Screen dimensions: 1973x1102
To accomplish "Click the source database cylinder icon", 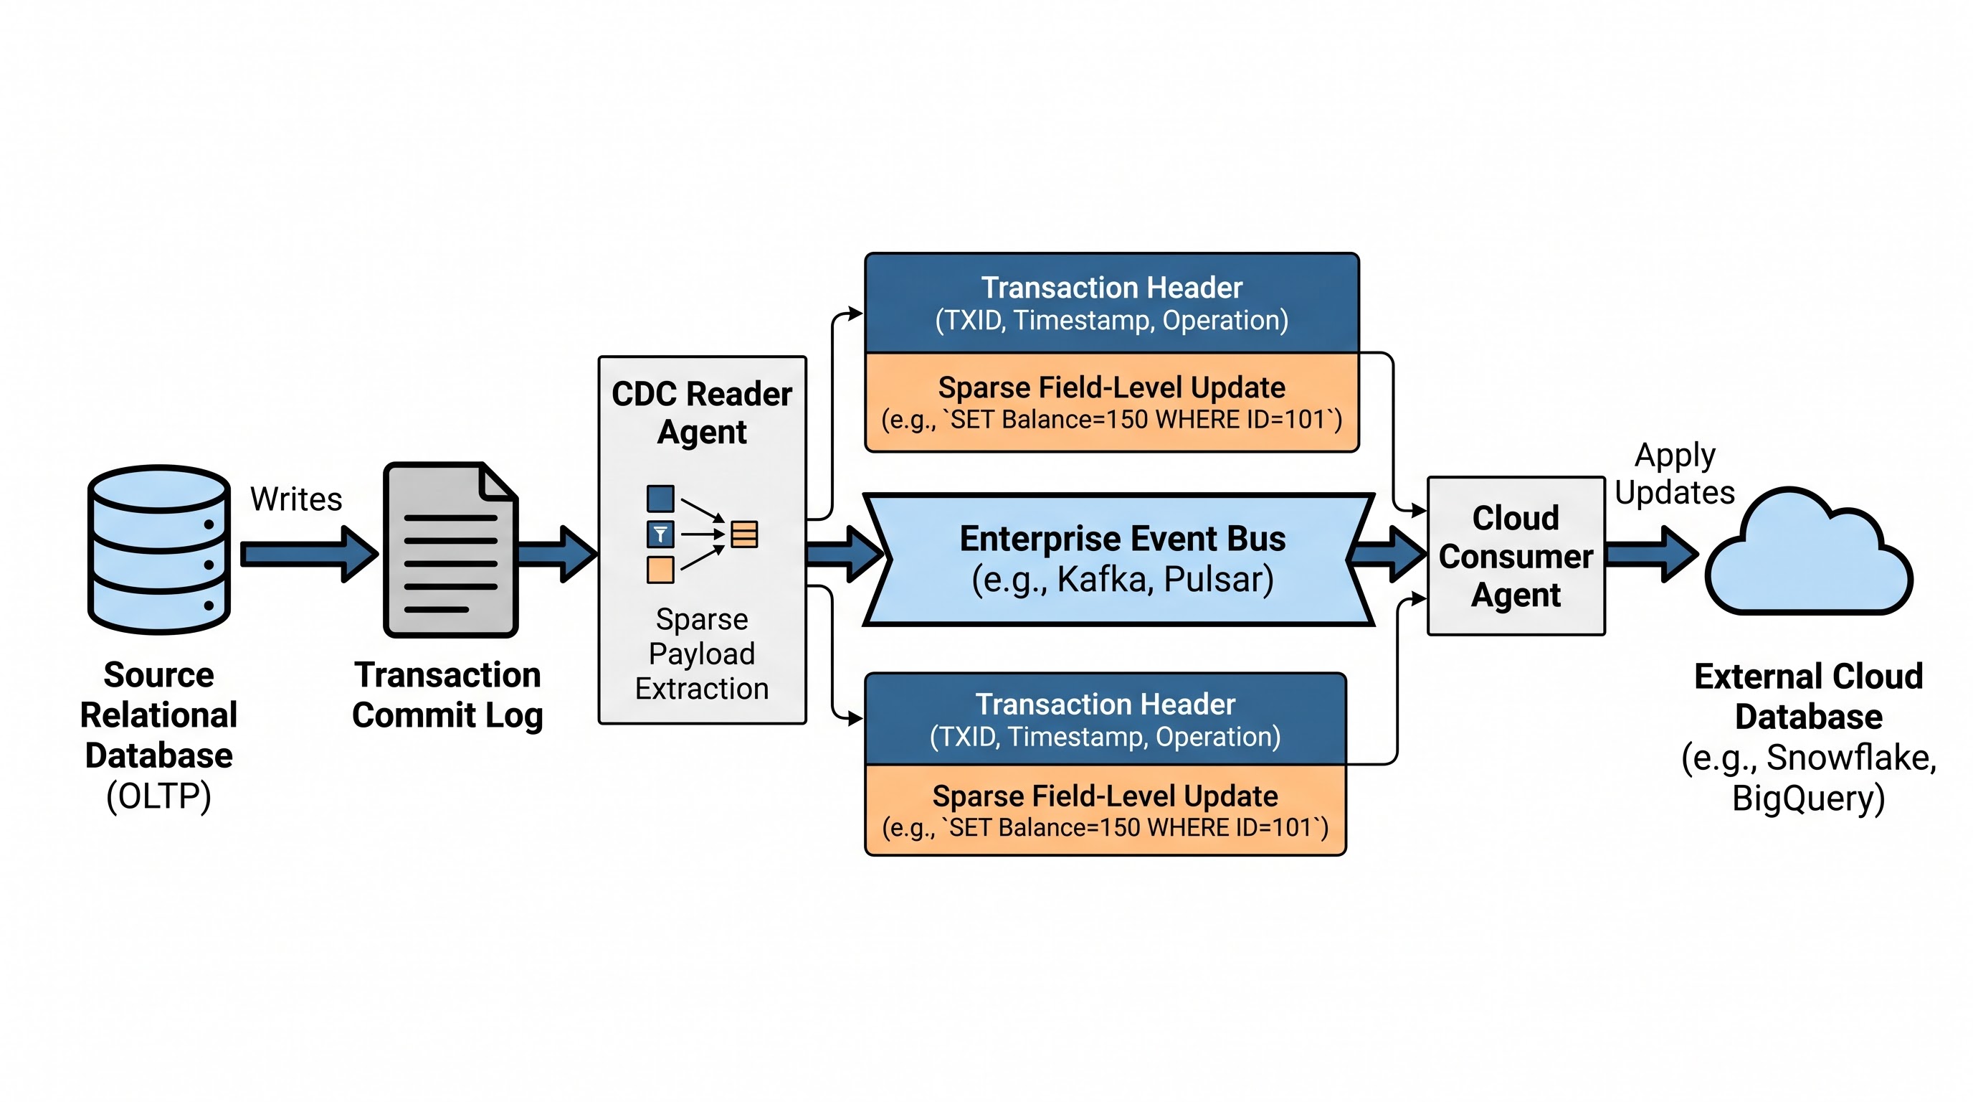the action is point(158,550).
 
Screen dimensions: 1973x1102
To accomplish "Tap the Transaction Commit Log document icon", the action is point(450,550).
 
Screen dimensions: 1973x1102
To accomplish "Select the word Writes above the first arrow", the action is point(295,499).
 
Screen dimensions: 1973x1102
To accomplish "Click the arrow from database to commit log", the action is point(310,553).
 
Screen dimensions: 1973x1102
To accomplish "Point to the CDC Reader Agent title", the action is point(702,413).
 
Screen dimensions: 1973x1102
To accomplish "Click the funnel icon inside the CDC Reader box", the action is point(660,534).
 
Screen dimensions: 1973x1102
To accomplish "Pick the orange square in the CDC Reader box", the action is point(660,570).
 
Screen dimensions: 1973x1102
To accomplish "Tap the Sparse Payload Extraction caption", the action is point(702,654).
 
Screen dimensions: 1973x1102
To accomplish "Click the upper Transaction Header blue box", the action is point(1112,303).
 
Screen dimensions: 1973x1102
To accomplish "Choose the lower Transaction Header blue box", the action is point(1106,719).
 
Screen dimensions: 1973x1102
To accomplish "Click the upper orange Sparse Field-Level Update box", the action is point(1112,402).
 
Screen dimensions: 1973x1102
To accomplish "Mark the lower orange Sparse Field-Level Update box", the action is point(1106,810).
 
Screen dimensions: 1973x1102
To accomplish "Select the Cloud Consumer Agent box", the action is point(1516,555).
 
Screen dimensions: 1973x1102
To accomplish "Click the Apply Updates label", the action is point(1674,474).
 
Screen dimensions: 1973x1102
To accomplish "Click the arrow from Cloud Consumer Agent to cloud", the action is point(1652,553).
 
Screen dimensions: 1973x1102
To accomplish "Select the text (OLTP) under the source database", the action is point(158,796).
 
